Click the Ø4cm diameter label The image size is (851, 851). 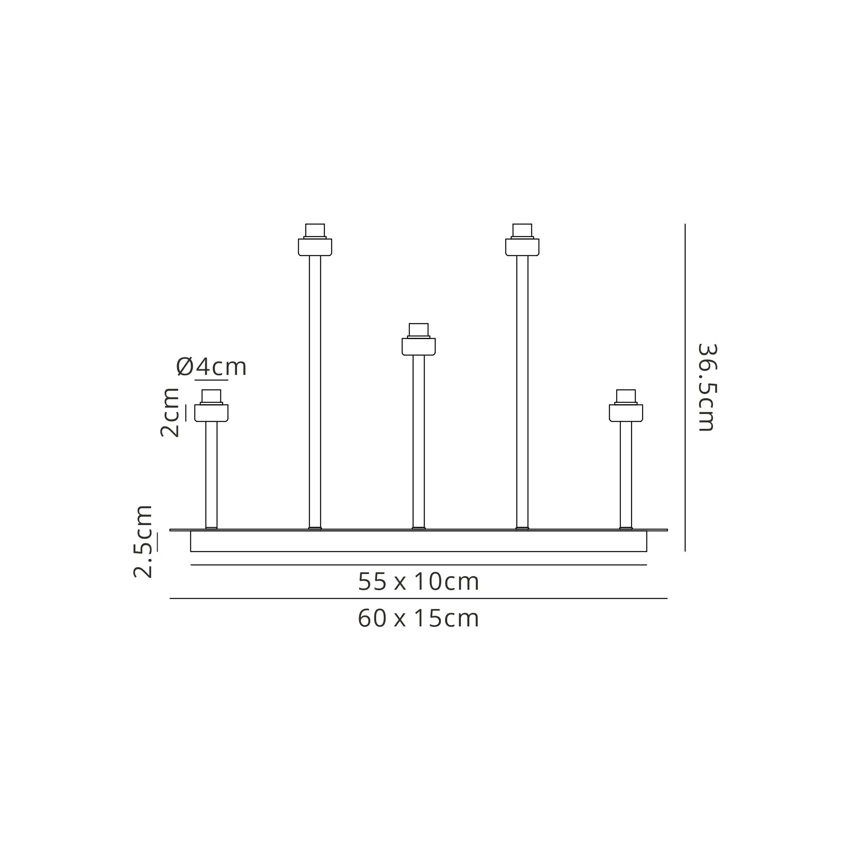pos(211,367)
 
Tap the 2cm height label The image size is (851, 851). pos(170,413)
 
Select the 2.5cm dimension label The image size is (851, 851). pos(143,542)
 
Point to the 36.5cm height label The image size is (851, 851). pos(708,387)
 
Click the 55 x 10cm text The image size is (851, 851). pos(418,582)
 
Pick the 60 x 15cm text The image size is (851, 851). pos(418,618)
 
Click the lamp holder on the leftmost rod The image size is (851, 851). pos(211,406)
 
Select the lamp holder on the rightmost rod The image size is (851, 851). pos(626,406)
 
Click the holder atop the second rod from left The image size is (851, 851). pos(315,240)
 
